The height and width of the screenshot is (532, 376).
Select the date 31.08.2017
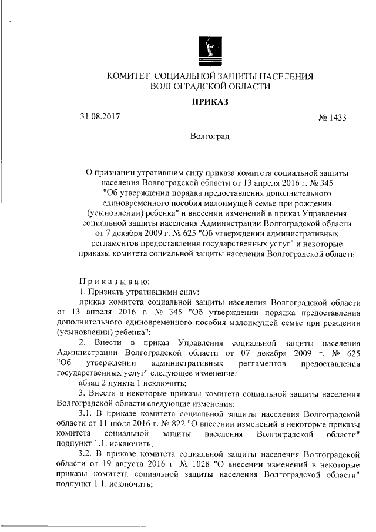click(x=100, y=116)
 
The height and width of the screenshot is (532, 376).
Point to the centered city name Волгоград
click(x=210, y=136)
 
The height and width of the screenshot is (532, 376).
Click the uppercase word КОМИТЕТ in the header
click(x=127, y=76)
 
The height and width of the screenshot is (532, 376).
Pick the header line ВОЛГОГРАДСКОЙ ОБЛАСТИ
click(x=210, y=86)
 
